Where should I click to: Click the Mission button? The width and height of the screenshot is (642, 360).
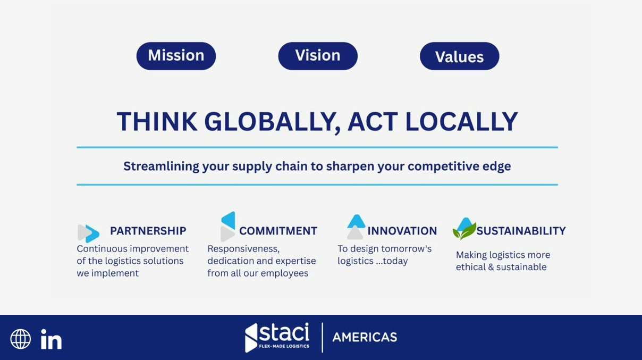[x=176, y=56]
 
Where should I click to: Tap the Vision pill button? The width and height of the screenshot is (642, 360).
[x=318, y=56]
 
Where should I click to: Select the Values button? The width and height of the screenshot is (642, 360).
[x=459, y=56]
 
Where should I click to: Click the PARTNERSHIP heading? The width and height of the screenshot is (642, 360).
[x=148, y=231]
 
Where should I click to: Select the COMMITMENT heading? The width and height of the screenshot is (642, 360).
[x=278, y=231]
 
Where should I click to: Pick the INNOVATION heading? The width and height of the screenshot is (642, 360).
[x=402, y=231]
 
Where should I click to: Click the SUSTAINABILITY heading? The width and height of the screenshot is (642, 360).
[x=521, y=231]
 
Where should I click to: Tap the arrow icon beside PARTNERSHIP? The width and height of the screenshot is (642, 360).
[x=88, y=233]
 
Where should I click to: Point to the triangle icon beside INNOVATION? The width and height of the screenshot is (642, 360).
[x=356, y=227]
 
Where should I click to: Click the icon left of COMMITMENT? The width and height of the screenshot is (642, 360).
[x=228, y=227]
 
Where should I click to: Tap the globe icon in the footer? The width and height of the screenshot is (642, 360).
[x=21, y=339]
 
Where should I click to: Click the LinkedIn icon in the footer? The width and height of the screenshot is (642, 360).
[x=51, y=339]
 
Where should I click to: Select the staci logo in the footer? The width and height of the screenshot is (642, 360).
[x=277, y=337]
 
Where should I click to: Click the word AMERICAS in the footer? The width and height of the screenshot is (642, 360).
[x=365, y=337]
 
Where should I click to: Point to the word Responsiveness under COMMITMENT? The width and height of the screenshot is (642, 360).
[x=243, y=249]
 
